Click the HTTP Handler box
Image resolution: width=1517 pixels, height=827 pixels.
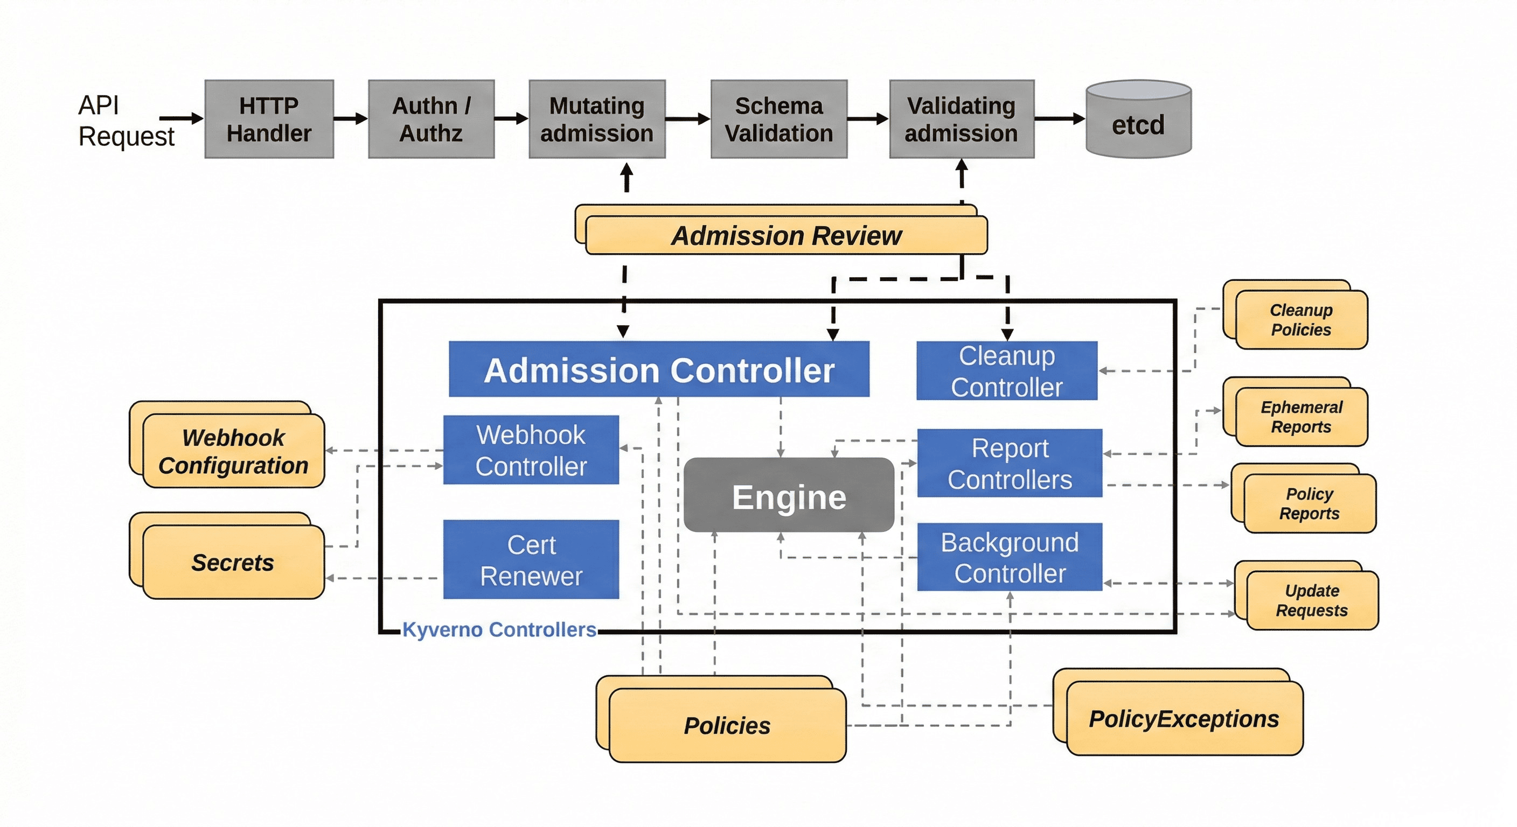(x=269, y=120)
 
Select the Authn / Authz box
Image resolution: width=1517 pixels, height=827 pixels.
(x=431, y=120)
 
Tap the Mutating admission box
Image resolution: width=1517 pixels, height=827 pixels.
(x=596, y=120)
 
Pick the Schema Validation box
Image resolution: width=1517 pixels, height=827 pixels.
(x=778, y=120)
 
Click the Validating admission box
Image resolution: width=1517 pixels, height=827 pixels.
(x=961, y=120)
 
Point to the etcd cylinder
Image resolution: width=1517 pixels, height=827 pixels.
(x=1138, y=121)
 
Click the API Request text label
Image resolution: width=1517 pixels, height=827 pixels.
(x=126, y=121)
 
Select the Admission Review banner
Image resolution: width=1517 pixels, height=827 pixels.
(x=786, y=236)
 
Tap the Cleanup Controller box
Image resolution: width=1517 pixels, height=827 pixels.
(x=1006, y=371)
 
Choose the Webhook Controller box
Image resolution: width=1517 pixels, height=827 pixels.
(x=531, y=450)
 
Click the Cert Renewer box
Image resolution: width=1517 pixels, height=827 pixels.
(x=531, y=560)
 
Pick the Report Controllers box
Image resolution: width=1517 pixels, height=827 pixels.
(x=1010, y=463)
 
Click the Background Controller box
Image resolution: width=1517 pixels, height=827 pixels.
(x=1010, y=557)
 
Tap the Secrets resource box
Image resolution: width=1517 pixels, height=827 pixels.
(x=233, y=562)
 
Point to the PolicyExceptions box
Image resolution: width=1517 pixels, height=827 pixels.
(x=1184, y=718)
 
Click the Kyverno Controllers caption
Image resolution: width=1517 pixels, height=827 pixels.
(x=499, y=630)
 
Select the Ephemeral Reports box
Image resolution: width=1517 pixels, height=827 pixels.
(x=1301, y=417)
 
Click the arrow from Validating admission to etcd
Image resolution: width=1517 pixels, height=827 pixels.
(x=1059, y=119)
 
